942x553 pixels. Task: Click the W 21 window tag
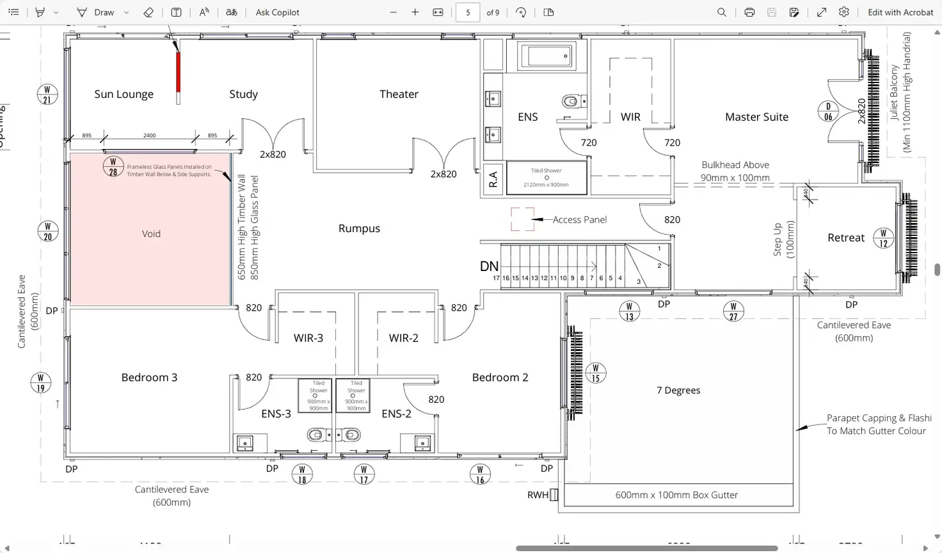click(x=47, y=94)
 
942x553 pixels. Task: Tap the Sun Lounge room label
click(x=124, y=94)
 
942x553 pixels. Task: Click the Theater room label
click(x=399, y=94)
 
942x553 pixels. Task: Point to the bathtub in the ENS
click(x=546, y=56)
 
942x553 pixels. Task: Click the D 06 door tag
click(x=828, y=111)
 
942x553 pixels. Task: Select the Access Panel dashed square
click(x=522, y=219)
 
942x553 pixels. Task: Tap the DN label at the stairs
click(x=489, y=267)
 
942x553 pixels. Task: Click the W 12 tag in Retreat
click(x=883, y=238)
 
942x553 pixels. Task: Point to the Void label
click(x=151, y=234)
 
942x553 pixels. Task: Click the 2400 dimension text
click(x=149, y=136)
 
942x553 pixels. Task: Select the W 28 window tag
click(x=113, y=167)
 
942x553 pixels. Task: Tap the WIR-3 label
click(x=308, y=338)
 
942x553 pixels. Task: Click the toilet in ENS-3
click(x=315, y=435)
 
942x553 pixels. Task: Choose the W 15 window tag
click(x=595, y=373)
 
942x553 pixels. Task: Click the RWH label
click(x=538, y=495)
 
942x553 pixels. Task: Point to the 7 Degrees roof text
click(x=678, y=391)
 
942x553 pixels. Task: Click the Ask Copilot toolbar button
click(x=277, y=12)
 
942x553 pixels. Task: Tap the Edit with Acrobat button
click(x=900, y=12)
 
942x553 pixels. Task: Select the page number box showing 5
click(x=468, y=12)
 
